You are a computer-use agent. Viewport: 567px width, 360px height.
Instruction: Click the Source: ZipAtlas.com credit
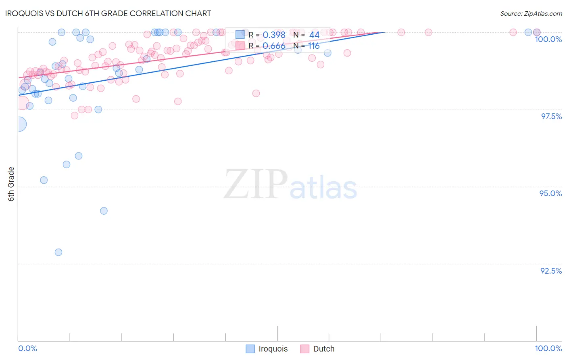pyautogui.click(x=531, y=13)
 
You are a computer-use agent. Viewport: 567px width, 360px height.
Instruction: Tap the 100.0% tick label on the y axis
pyautogui.click(x=548, y=39)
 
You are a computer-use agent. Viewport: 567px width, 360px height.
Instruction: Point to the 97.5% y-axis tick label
pyautogui.click(x=551, y=116)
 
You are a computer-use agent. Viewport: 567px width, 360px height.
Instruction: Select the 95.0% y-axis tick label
pyautogui.click(x=550, y=193)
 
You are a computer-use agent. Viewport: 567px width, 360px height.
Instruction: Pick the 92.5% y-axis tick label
pyautogui.click(x=551, y=271)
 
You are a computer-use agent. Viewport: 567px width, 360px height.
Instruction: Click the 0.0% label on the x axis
pyautogui.click(x=27, y=348)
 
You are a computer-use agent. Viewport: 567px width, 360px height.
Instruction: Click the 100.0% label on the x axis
pyautogui.click(x=548, y=348)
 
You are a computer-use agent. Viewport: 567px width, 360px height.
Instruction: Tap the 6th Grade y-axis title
pyautogui.click(x=11, y=184)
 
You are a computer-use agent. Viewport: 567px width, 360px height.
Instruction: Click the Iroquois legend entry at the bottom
pyautogui.click(x=267, y=349)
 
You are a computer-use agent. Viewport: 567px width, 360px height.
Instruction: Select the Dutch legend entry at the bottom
pyautogui.click(x=318, y=349)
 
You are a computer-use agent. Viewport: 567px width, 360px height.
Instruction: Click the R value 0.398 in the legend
pyautogui.click(x=274, y=35)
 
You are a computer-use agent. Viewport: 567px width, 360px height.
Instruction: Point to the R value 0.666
pyautogui.click(x=274, y=46)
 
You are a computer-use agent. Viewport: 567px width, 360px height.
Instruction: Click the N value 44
pyautogui.click(x=314, y=35)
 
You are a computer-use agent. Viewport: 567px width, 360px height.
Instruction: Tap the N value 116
pyautogui.click(x=314, y=46)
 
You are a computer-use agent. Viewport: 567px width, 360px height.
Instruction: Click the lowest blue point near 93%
pyautogui.click(x=58, y=252)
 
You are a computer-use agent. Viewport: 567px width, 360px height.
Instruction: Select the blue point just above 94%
pyautogui.click(x=104, y=211)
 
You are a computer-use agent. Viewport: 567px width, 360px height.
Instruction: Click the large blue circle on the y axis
pyautogui.click(x=19, y=124)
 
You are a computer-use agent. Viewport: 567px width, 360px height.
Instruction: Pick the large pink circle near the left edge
pyautogui.click(x=22, y=103)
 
